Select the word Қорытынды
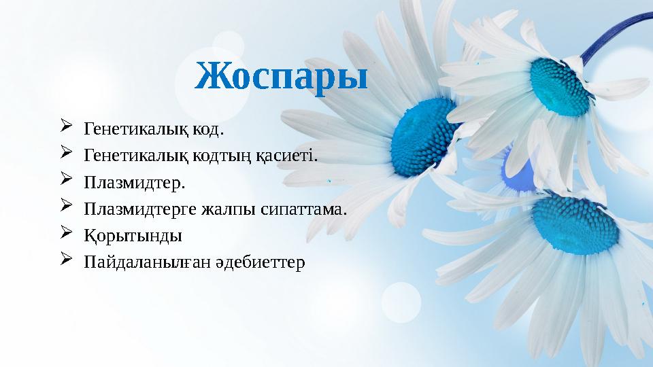click(x=132, y=236)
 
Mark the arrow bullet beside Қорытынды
click(x=66, y=234)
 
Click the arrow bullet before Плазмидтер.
click(x=66, y=181)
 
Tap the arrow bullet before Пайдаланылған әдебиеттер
click(x=66, y=260)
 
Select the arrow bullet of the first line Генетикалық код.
click(x=66, y=126)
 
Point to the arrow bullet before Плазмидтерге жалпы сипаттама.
click(x=66, y=207)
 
